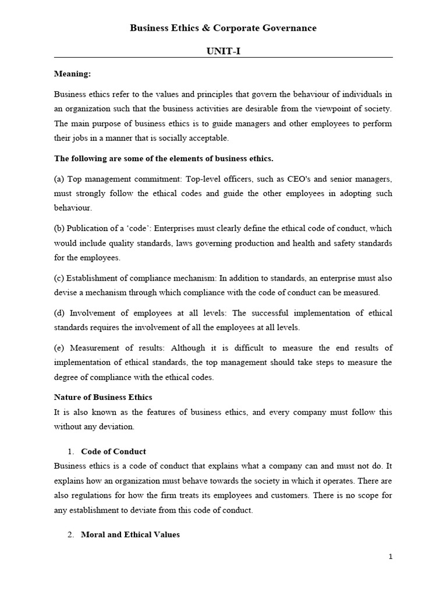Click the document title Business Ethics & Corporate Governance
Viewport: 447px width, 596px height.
tap(223, 28)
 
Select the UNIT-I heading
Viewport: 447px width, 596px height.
tap(223, 51)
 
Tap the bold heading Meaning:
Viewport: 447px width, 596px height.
tap(72, 74)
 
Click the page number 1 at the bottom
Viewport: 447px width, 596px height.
tap(391, 556)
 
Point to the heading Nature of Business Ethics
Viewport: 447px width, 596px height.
tap(103, 397)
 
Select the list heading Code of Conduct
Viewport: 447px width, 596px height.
tap(113, 451)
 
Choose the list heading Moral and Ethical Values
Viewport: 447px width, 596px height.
tap(130, 534)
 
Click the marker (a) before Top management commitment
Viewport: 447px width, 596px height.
tap(59, 178)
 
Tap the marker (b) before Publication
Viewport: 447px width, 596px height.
tap(59, 228)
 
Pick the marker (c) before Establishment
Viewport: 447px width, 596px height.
tap(59, 277)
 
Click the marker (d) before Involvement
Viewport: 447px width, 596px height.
tap(59, 313)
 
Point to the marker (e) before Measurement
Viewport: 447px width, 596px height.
tap(59, 347)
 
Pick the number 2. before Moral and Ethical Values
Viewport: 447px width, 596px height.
tap(70, 534)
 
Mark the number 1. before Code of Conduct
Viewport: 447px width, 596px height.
tap(70, 451)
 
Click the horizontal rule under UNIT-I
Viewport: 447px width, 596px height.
tap(223, 57)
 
